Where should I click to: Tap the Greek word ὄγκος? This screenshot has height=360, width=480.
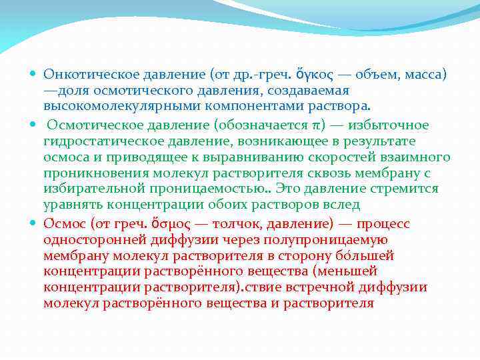point(304,74)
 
